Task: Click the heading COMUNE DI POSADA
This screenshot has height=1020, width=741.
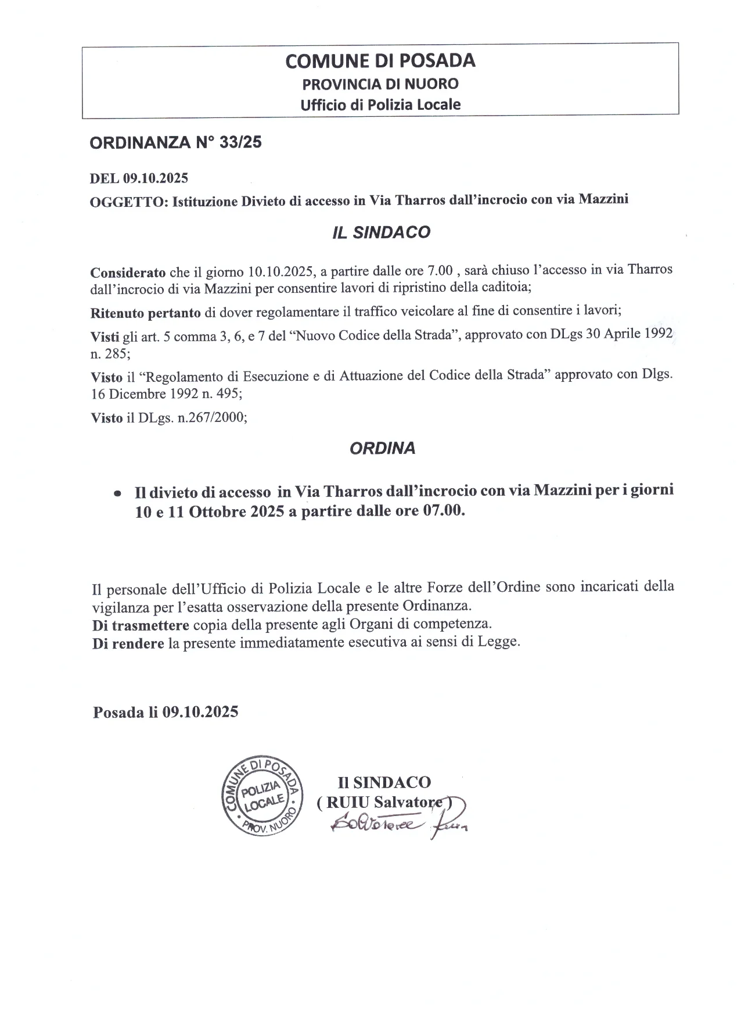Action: [x=380, y=60]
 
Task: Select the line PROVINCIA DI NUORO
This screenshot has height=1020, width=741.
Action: [x=380, y=84]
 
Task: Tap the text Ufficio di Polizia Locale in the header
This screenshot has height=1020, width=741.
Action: [x=380, y=105]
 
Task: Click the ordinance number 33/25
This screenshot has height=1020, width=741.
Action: [x=241, y=142]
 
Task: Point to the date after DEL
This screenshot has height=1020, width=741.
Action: [x=155, y=178]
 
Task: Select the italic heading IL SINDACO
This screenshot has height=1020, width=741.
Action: [x=381, y=232]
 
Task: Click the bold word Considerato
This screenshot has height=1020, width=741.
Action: [x=128, y=272]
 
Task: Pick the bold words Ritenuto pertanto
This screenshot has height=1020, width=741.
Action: [x=146, y=313]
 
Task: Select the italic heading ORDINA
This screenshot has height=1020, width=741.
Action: [x=383, y=449]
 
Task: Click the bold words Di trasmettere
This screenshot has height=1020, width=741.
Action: [x=141, y=625]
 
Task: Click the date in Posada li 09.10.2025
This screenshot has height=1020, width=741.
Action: [x=200, y=712]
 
